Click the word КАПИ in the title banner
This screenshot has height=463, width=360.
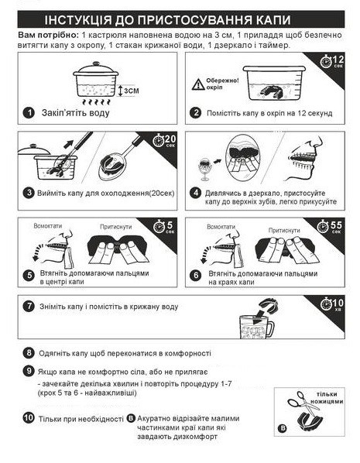coord(273,20)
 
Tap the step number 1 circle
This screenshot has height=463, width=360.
coord(29,112)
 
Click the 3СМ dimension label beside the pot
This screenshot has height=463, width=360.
coord(131,91)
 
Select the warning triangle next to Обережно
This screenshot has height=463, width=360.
coord(198,84)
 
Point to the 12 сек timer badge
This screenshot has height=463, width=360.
coord(332,61)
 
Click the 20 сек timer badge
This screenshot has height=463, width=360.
coord(164,140)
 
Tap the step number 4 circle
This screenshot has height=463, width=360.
coord(196,193)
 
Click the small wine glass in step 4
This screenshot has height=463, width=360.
coord(204,169)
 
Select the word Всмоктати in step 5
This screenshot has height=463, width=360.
coord(48,226)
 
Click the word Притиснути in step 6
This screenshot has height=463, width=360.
coord(284,230)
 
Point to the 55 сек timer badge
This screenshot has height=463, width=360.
coord(330,227)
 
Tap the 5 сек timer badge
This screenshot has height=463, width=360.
coord(163,227)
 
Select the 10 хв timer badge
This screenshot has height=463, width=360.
coord(332,304)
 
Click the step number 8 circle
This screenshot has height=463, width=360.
coord(29,352)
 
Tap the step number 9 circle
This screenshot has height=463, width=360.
coord(29,371)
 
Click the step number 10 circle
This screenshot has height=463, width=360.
coord(29,417)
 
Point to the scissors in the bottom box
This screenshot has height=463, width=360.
coord(303,403)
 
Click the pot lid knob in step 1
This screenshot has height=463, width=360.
coord(96,63)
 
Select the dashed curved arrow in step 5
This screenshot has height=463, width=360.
coord(39,252)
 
